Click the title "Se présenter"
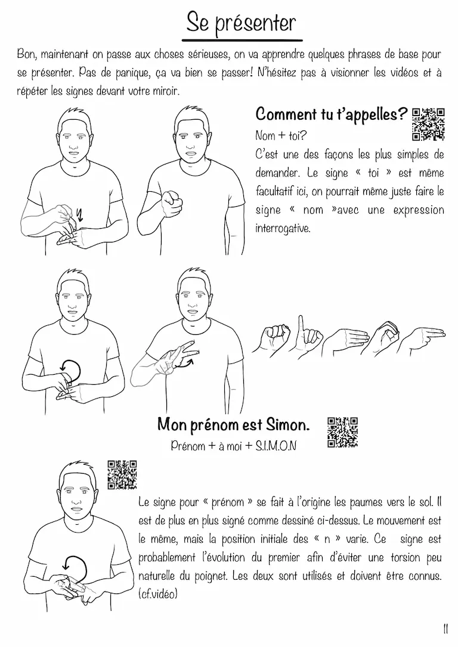tap(241, 23)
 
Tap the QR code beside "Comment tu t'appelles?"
tap(428, 124)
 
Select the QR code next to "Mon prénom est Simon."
tap(342, 433)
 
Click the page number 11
tap(445, 630)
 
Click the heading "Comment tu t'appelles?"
tap(332, 114)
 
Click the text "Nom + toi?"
tap(281, 135)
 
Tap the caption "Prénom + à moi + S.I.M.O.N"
tap(233, 446)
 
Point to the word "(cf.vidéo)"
tap(158, 594)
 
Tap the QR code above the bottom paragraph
tap(122, 475)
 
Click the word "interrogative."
tap(283, 228)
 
